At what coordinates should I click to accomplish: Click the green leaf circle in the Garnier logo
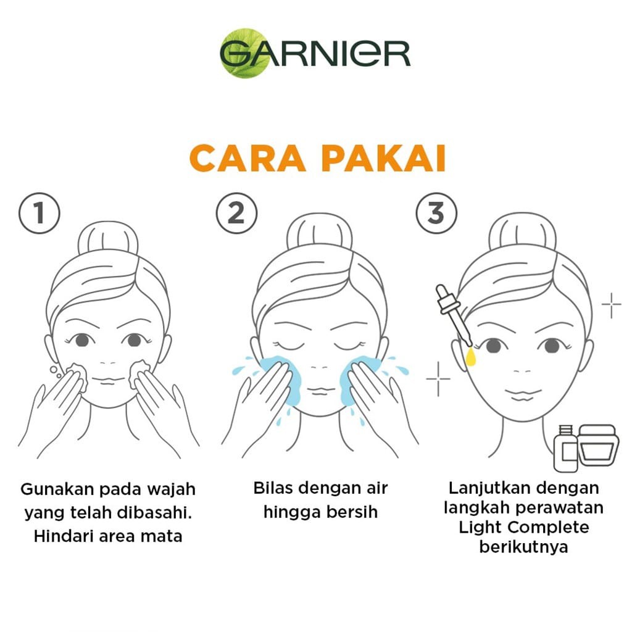245,53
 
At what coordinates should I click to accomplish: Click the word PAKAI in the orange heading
383,159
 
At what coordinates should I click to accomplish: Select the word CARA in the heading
247,159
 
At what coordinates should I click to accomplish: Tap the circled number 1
39,213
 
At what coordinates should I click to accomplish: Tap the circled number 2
236,213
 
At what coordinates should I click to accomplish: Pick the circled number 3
436,213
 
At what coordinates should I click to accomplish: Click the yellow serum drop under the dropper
470,357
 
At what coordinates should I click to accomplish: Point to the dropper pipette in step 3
454,314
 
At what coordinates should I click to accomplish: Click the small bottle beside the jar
565,448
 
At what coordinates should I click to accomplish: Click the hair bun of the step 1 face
108,238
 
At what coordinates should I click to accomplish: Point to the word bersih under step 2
352,512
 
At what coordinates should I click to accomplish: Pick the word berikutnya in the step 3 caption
523,547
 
